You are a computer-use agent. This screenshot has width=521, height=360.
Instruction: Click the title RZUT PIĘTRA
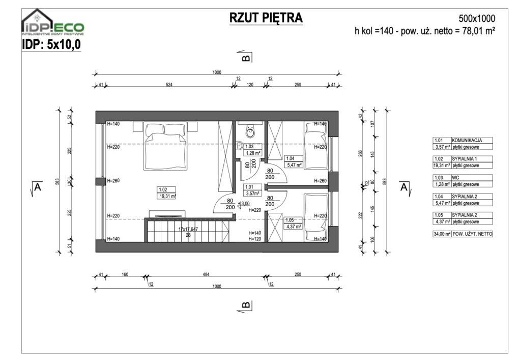tap(266, 18)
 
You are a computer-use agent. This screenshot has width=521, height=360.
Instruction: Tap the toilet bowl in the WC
tap(250, 132)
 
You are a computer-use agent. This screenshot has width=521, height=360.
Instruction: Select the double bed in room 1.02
tap(164, 140)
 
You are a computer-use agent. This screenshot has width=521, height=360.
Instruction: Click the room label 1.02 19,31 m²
tap(166, 193)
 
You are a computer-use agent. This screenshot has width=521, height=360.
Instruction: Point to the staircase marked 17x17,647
tap(188, 232)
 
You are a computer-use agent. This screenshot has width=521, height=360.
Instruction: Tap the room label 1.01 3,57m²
tap(252, 190)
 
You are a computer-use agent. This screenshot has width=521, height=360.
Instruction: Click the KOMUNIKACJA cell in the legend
tap(470, 140)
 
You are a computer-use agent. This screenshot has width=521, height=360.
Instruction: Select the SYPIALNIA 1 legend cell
tap(470, 159)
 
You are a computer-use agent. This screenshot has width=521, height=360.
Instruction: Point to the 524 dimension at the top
tap(169, 85)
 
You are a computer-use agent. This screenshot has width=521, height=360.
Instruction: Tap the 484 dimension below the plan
tap(206, 274)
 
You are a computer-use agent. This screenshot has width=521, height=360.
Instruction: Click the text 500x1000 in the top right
tap(477, 19)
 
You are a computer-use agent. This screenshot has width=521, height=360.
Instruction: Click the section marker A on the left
tap(37, 187)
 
